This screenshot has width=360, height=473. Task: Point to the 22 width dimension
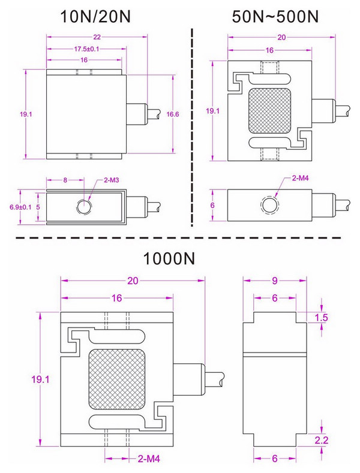97,37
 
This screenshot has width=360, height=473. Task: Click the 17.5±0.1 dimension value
86,49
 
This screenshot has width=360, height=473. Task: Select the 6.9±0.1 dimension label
20,207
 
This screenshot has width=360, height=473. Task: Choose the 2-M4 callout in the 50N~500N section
300,179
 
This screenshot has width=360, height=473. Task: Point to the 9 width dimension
274,281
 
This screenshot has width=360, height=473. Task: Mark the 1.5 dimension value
322,317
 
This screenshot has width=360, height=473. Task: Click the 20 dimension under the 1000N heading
133,281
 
